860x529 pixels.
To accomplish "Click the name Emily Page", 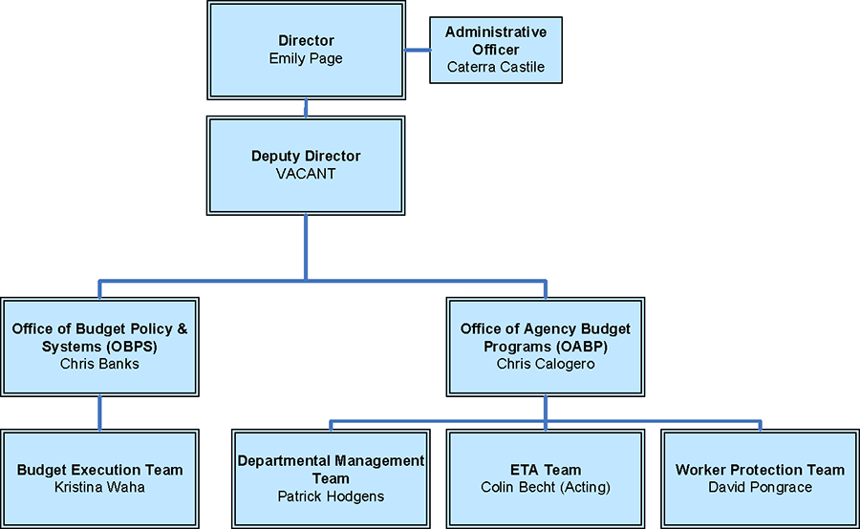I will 306,58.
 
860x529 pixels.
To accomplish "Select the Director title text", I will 306,41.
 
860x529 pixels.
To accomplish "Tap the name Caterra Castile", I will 496,67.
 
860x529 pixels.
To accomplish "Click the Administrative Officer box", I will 496,50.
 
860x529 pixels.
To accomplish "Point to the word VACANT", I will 306,174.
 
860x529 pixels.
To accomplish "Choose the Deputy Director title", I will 306,157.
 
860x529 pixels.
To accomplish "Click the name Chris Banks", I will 99,364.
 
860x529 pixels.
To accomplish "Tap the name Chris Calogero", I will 546,364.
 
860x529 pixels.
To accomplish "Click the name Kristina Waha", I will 99,487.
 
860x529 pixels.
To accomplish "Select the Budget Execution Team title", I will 99,470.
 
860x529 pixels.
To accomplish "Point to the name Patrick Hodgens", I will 331,496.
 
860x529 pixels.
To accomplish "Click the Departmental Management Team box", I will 331,477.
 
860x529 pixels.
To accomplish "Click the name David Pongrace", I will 760,487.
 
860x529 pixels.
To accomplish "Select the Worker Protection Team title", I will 760,470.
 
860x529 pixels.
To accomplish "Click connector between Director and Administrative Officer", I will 417,50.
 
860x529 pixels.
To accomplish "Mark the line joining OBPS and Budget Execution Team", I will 99,413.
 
